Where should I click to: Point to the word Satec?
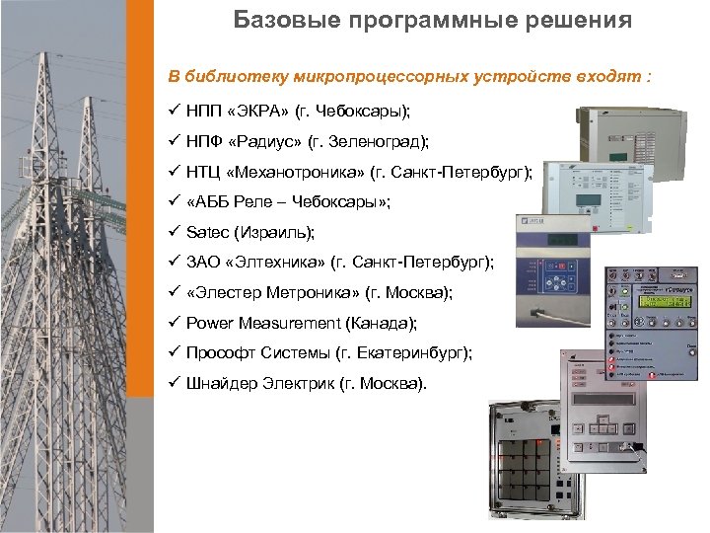pos(206,232)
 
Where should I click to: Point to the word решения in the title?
pos(581,20)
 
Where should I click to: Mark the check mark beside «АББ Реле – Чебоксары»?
pos(173,201)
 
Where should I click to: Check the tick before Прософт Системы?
pos(173,353)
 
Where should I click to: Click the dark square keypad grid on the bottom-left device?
pos(528,470)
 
